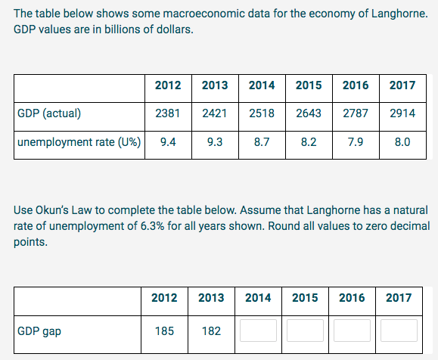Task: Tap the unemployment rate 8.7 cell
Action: [261, 141]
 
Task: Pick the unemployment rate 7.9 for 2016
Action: [355, 141]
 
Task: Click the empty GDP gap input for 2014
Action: [258, 331]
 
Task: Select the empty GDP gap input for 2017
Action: [399, 331]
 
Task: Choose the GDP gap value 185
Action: [164, 331]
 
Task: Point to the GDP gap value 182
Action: [211, 331]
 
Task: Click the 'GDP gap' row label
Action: [39, 331]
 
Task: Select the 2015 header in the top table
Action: [308, 85]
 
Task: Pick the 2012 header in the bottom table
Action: [164, 297]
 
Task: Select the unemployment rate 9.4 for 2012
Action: [167, 141]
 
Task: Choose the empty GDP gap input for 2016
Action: [352, 331]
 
